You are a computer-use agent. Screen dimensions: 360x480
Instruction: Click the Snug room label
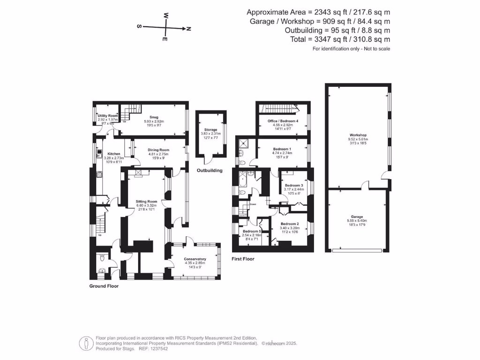click(x=154, y=117)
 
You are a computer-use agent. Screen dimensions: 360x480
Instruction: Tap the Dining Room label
click(x=158, y=150)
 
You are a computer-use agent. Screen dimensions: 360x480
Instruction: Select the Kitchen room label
click(x=114, y=154)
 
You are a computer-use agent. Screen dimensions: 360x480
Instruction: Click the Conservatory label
click(x=195, y=259)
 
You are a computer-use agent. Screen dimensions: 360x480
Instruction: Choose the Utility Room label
click(x=107, y=115)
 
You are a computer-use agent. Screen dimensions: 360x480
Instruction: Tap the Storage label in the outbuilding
click(x=210, y=129)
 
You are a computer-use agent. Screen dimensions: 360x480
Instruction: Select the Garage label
click(x=358, y=217)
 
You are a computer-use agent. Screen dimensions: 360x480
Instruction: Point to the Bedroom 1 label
click(x=282, y=149)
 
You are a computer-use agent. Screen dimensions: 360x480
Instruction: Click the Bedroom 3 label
click(x=294, y=185)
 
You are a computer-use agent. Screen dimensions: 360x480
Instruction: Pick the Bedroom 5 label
click(x=252, y=231)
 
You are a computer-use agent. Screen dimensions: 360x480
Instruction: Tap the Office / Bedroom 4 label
click(x=283, y=121)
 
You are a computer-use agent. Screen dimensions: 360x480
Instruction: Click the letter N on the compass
click(x=188, y=29)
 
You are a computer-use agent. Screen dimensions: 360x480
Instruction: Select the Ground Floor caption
click(x=104, y=286)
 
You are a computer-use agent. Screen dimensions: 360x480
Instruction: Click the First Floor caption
click(x=243, y=259)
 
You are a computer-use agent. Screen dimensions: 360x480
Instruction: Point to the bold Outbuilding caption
click(x=210, y=170)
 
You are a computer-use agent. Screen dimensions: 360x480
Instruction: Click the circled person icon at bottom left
click(x=85, y=343)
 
